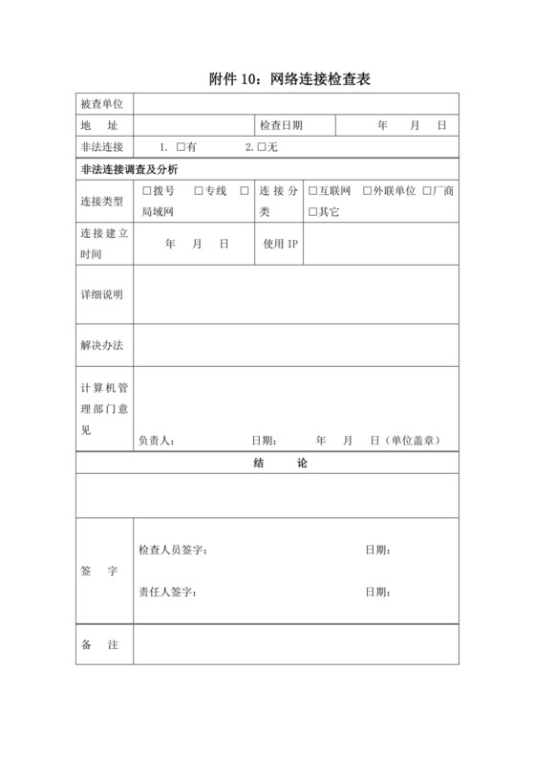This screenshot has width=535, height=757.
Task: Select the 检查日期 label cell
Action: point(281,125)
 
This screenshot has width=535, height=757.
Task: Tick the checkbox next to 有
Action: point(180,147)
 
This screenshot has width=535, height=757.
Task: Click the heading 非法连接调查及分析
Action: point(129,169)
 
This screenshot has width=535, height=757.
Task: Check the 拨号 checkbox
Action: point(146,191)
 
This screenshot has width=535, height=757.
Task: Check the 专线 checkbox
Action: point(198,191)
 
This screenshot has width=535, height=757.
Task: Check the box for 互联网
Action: point(311,191)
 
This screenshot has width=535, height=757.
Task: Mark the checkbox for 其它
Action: point(311,211)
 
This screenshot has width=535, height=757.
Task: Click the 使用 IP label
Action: point(281,244)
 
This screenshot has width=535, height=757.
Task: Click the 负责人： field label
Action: point(156,441)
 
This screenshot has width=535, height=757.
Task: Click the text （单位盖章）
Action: point(414,441)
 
